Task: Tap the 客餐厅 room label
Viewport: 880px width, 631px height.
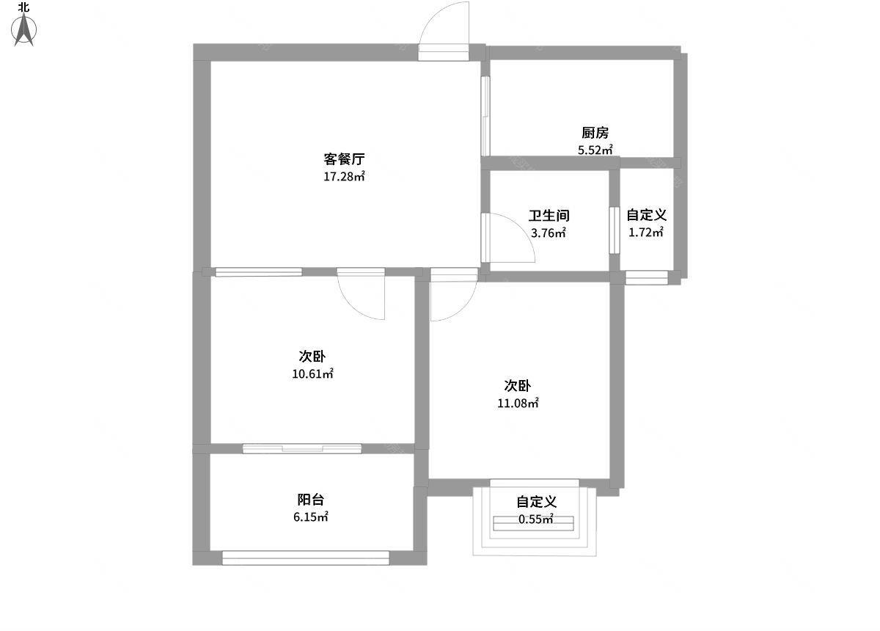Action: coord(344,158)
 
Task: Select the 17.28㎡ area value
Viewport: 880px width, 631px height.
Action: coord(344,176)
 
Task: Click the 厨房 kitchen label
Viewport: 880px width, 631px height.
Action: coord(595,133)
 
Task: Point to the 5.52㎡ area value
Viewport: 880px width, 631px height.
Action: coord(595,150)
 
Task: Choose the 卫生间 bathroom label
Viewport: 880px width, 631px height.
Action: coord(549,216)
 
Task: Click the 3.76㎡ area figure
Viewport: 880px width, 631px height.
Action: coord(549,233)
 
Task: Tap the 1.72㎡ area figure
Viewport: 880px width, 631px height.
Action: coord(646,233)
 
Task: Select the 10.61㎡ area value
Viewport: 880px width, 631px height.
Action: coord(312,373)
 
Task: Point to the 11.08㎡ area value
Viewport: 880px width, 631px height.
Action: coord(518,403)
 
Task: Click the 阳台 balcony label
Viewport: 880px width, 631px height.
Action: coord(311,499)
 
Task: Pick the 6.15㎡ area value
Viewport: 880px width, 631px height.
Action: coord(311,517)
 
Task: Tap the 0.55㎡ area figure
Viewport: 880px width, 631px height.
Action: coord(536,519)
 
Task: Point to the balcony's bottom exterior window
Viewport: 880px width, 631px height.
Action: coord(305,558)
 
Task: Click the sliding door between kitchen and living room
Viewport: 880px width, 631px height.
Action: coord(485,116)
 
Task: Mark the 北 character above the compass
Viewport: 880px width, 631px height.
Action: coord(24,7)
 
